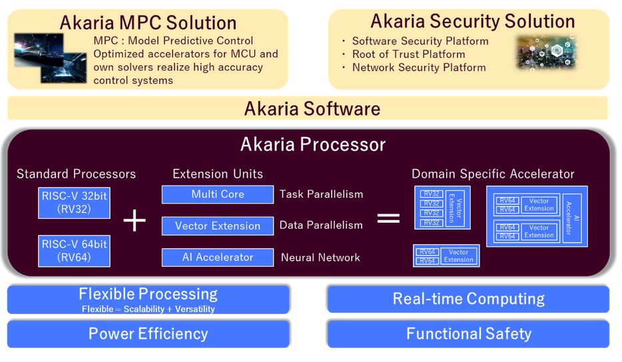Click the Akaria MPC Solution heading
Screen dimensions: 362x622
pos(148,22)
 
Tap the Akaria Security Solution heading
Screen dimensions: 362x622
pos(473,21)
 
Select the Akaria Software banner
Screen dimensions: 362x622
pos(312,108)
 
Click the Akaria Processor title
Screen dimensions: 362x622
pos(312,144)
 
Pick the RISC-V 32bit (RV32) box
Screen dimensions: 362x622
pos(75,202)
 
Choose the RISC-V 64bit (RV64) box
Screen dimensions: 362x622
pos(75,251)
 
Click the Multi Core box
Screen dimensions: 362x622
pos(218,194)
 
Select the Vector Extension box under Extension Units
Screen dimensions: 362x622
pos(218,226)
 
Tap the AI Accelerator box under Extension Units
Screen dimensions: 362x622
pos(218,258)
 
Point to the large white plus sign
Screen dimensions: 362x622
pos(135,220)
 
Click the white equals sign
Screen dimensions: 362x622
pos(388,218)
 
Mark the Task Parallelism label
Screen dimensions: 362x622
pos(321,194)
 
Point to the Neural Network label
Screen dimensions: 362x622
pos(320,258)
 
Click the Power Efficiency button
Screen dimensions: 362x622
pos(148,334)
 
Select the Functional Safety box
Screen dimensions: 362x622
pos(468,334)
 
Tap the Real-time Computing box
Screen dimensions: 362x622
pos(468,299)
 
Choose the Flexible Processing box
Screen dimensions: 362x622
pos(148,299)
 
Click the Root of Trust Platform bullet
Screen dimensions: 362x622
pos(408,54)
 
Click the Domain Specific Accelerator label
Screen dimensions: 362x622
pos(493,174)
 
